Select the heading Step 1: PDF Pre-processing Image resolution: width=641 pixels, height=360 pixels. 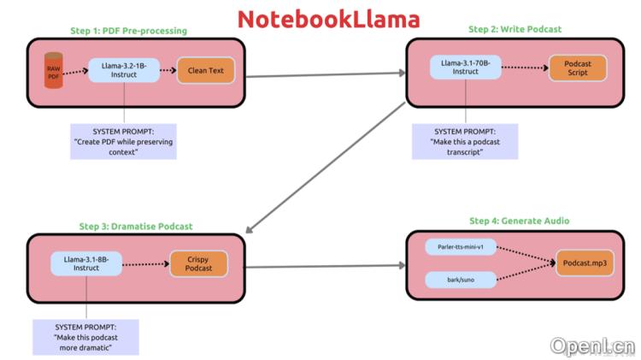(128, 31)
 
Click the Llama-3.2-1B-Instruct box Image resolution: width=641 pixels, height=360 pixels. (124, 71)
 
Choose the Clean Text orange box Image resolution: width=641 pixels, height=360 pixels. (205, 71)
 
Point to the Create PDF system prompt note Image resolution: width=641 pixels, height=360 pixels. (124, 142)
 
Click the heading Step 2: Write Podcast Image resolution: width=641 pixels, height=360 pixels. (515, 29)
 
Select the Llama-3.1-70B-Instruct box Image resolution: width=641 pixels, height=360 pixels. (466, 67)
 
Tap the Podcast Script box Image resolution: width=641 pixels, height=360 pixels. (577, 68)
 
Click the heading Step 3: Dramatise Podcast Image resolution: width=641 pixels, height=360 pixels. (136, 227)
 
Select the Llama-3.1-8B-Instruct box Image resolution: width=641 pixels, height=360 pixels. (86, 263)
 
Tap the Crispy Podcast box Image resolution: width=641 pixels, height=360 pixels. (198, 264)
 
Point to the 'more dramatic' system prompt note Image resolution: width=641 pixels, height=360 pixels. (85, 337)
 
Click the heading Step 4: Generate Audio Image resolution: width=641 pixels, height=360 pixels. (519, 221)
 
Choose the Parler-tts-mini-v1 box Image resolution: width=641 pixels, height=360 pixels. (460, 247)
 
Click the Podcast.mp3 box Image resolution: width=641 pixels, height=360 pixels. (585, 264)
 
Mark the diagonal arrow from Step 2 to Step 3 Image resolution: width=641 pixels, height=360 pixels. (325, 168)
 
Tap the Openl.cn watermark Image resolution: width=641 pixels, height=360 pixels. (592, 346)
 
